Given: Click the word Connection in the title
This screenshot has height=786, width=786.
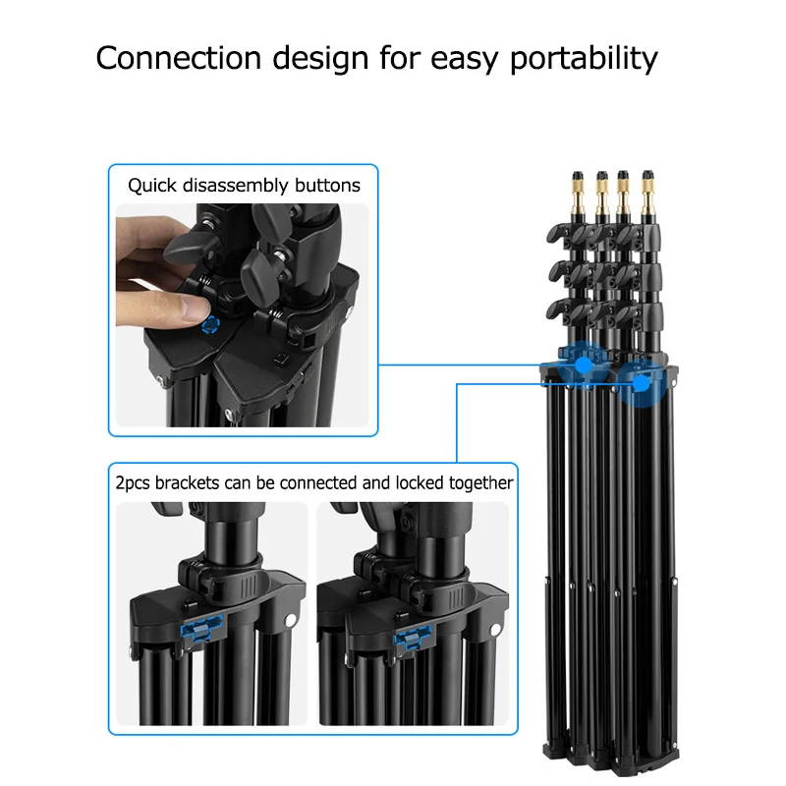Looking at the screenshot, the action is [179, 58].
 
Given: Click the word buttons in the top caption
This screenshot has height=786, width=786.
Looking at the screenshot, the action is [327, 186].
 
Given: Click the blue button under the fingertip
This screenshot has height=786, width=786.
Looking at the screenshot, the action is [210, 325].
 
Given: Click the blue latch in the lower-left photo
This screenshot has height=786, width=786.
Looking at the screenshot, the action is [201, 628].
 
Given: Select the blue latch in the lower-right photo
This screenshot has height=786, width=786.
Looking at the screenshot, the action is [413, 637].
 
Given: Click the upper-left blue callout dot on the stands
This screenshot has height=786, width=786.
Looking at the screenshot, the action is [583, 365].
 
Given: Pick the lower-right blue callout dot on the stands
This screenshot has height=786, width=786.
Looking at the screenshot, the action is [641, 384].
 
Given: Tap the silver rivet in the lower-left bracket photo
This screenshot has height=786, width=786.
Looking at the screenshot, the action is [290, 620].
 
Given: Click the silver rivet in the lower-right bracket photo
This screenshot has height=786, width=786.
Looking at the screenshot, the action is [495, 630].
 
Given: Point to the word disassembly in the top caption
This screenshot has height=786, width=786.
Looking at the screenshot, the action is [236, 186].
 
